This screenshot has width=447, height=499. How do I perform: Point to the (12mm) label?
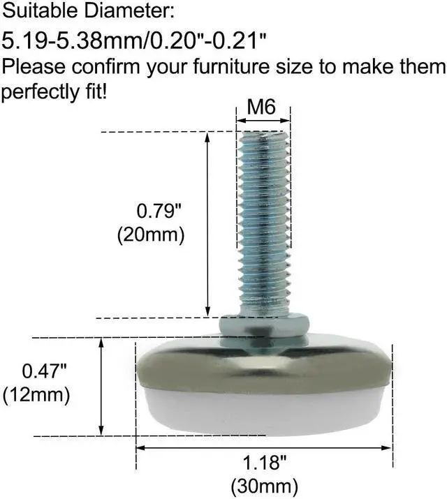[x=36, y=394]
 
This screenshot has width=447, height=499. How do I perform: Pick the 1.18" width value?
[x=263, y=463]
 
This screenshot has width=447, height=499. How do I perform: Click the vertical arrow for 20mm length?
[x=207, y=223]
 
